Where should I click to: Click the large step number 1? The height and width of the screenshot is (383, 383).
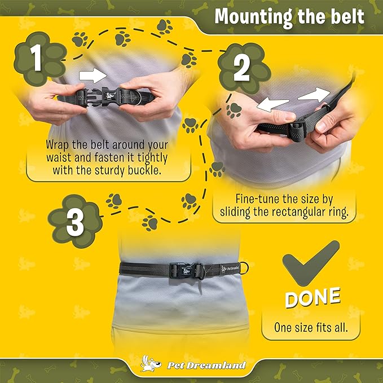[x=37, y=58]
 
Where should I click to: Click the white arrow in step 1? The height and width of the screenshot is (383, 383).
[x=93, y=76]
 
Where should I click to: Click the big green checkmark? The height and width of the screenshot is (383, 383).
[x=310, y=263]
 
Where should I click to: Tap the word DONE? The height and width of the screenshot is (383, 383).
[x=312, y=297]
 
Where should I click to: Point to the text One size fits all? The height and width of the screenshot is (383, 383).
[x=311, y=327]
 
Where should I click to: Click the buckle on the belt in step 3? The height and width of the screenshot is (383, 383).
[x=186, y=270]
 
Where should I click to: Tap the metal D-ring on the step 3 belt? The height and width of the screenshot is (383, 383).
[x=244, y=268]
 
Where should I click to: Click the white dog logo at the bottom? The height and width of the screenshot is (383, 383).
[x=151, y=364]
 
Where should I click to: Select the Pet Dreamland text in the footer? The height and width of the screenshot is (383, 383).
[x=206, y=365]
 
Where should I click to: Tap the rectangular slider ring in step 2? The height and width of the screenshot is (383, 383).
[x=297, y=131]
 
